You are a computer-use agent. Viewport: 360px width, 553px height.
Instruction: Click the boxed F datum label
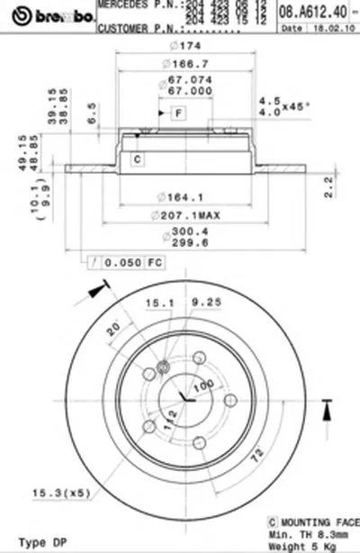177,113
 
